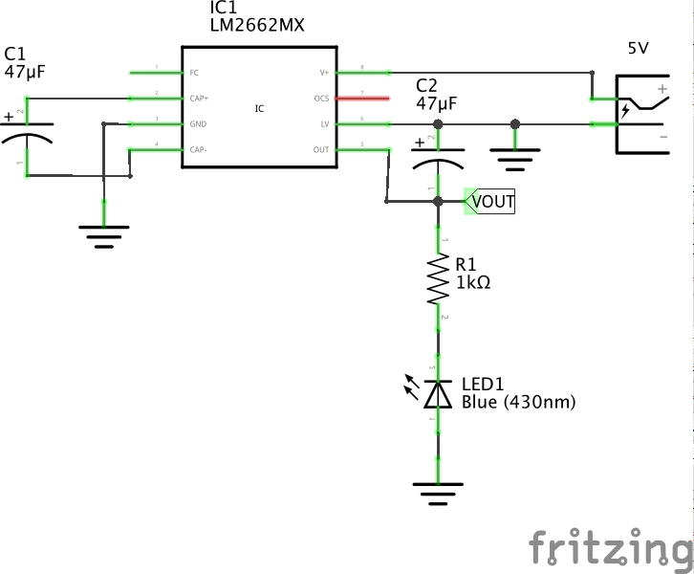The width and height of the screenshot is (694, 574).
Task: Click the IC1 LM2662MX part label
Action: pos(256,17)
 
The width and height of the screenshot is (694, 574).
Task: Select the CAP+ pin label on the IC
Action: pos(198,98)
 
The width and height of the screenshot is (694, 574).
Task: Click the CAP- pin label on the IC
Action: pos(197,149)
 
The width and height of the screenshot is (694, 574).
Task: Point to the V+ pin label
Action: pos(323,73)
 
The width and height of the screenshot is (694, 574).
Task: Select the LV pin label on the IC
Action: pos(323,124)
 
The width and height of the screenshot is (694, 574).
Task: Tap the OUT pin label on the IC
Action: pos(320,150)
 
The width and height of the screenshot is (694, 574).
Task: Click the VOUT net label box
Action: pos(490,202)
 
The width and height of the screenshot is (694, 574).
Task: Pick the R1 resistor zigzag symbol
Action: pos(439,279)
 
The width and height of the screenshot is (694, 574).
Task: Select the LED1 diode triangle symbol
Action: pos(439,392)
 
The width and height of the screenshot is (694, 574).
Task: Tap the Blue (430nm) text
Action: pos(518,402)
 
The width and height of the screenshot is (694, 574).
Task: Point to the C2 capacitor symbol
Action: pos(439,159)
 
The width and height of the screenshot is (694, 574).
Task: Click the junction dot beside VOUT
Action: pos(439,202)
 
